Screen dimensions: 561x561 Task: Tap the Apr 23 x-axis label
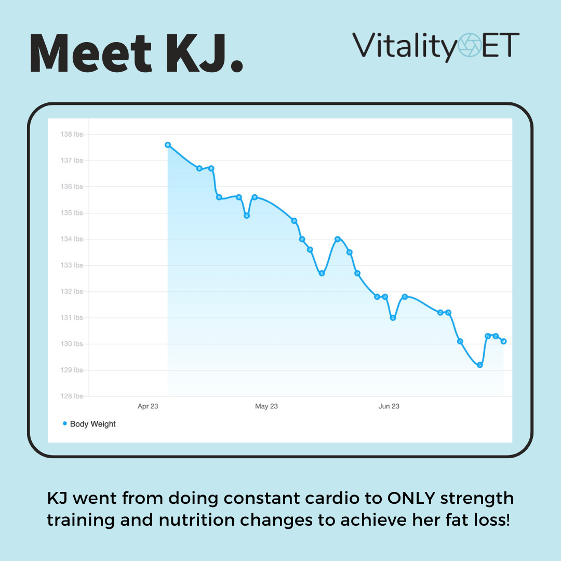point(148,406)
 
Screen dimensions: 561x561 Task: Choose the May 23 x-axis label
point(266,406)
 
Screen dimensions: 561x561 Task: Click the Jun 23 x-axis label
point(389,406)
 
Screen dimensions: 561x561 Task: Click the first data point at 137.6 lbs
point(168,145)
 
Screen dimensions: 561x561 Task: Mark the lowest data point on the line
point(480,365)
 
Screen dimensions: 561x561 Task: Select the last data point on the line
point(504,341)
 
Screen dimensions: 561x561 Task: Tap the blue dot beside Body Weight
point(65,424)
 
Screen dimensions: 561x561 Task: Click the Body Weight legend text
point(93,424)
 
